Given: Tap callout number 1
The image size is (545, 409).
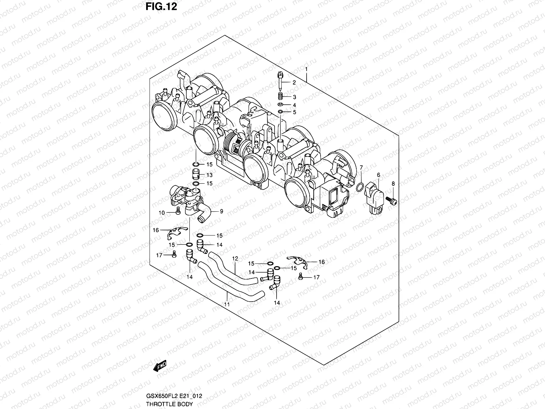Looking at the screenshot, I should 306,69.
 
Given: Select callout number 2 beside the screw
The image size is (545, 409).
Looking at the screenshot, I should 294,82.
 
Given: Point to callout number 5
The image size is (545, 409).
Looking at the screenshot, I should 294,112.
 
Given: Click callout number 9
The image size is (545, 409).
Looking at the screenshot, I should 221,211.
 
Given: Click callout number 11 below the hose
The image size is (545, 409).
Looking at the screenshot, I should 227,304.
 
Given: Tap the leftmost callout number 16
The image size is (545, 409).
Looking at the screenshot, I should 156,230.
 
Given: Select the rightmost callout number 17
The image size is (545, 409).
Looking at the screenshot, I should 316,277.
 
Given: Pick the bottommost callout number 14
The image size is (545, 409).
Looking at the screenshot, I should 277,303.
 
